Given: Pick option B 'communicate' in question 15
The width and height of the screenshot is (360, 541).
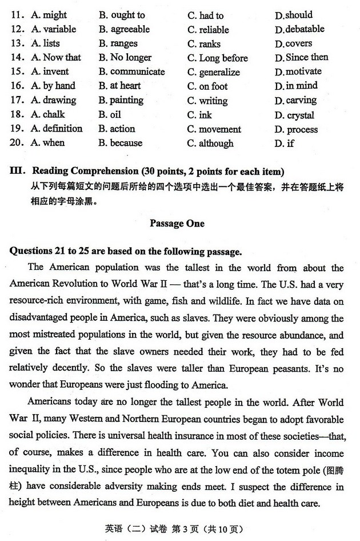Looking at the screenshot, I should [x=131, y=72].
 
